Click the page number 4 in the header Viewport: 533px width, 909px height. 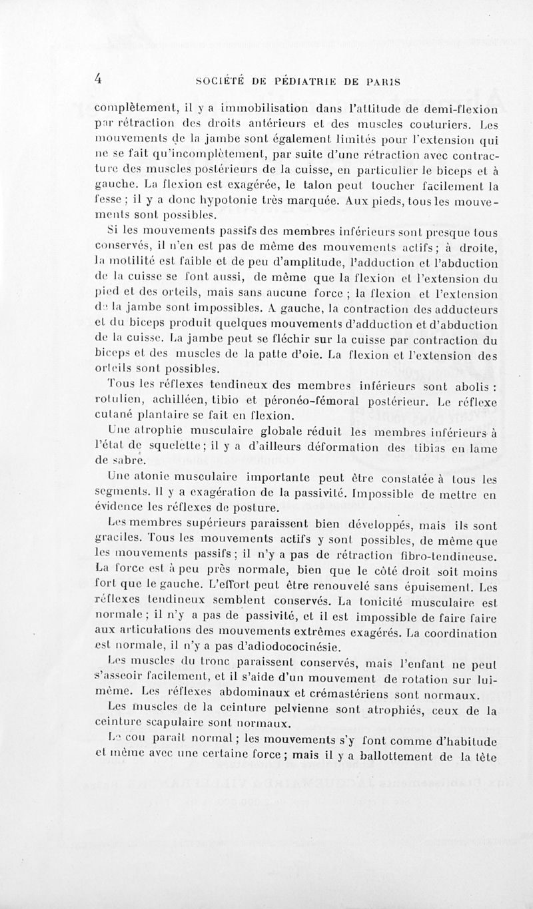click(x=98, y=78)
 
